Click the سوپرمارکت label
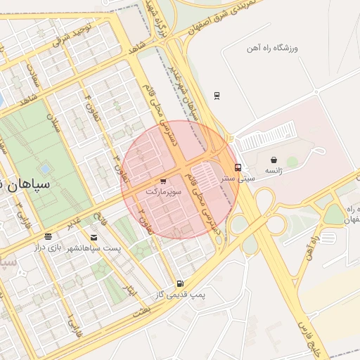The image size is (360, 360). click(163, 191)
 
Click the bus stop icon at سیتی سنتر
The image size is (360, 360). click(238, 168)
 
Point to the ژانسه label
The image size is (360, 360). click(274, 171)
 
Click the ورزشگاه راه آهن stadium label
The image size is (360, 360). click(272, 48)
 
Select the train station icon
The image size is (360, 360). click(217, 96)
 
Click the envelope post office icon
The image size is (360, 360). click(94, 238)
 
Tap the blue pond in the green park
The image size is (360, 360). click(46, 169)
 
